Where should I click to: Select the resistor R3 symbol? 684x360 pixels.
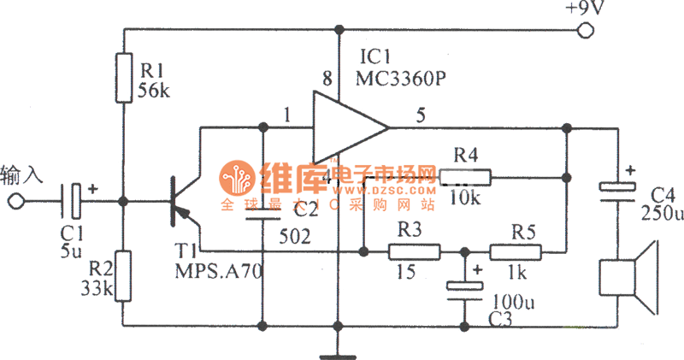point(415,252)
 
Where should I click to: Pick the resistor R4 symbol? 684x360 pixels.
point(466,178)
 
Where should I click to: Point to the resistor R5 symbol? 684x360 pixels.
point(516,252)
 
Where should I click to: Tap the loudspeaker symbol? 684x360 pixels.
point(628,277)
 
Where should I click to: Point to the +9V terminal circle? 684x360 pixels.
point(586,32)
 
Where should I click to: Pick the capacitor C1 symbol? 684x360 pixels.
point(75,202)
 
